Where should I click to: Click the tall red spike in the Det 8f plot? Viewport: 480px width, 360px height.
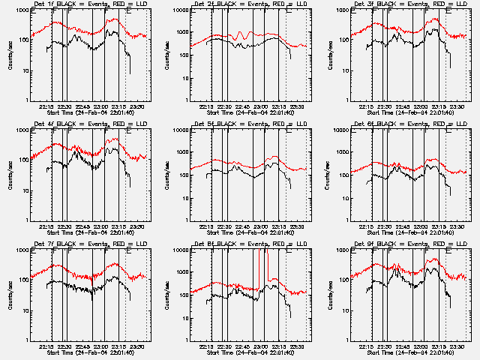[266, 259]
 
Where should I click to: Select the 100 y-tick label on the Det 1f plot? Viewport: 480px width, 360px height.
[21, 40]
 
